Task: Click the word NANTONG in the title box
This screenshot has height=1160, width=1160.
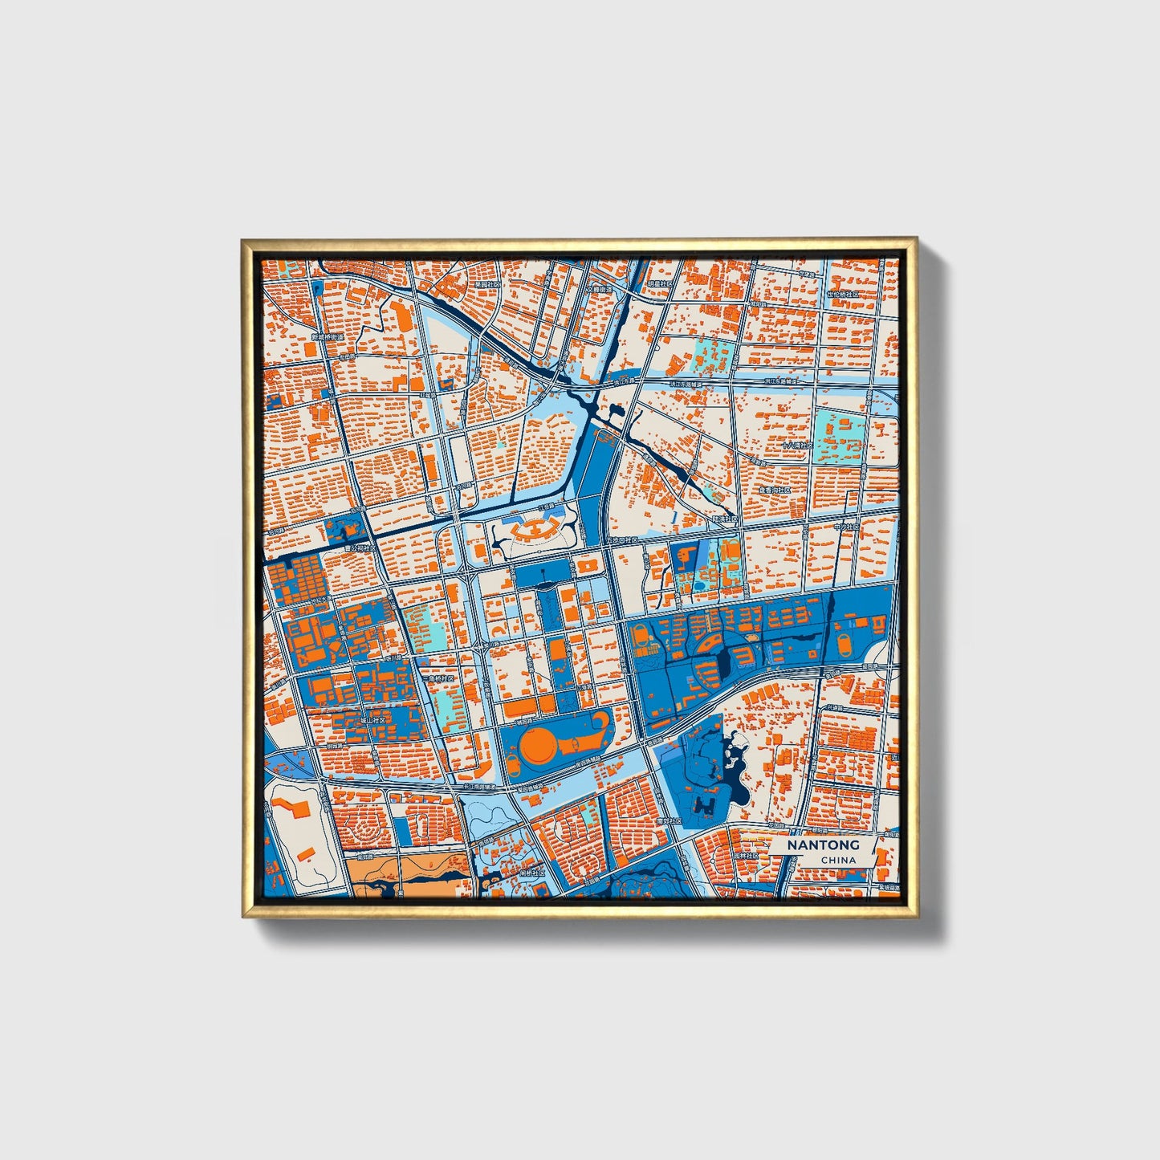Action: (x=823, y=845)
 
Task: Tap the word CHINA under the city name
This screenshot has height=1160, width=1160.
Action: (x=838, y=860)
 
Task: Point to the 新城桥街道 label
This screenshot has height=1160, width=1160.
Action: (x=327, y=338)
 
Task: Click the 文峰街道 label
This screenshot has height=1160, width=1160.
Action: (x=598, y=289)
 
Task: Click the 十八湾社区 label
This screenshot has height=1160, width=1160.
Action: (x=798, y=444)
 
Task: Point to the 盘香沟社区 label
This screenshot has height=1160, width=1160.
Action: (x=775, y=490)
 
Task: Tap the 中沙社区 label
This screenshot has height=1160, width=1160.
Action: (x=845, y=527)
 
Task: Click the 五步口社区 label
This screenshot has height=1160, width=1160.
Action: (x=622, y=540)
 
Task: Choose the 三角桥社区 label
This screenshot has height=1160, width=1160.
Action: (x=438, y=678)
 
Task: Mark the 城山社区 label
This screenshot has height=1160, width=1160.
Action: (x=372, y=720)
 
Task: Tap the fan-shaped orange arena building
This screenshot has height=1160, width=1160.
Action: (x=532, y=529)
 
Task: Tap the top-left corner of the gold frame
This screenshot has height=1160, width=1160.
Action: (x=242, y=239)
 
